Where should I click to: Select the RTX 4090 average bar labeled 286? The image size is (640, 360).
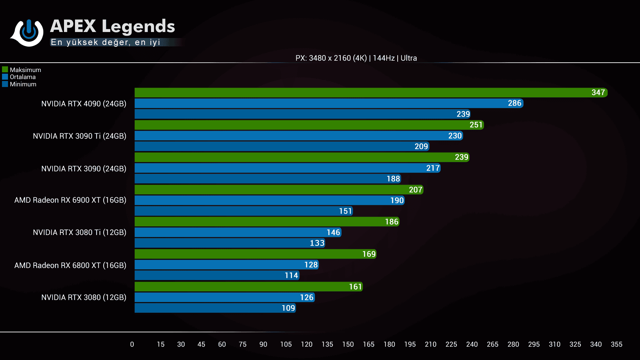[328, 103]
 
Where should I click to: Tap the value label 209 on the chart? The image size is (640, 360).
[421, 146]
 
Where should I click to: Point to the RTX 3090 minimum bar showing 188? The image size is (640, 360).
[267, 179]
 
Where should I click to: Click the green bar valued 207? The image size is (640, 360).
[278, 190]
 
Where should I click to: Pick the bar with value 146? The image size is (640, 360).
[237, 232]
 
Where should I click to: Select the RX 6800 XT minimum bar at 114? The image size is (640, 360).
[217, 275]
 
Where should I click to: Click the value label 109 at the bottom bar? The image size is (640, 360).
[288, 308]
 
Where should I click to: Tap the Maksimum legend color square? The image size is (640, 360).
[5, 70]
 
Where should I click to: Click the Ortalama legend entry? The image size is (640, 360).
[22, 77]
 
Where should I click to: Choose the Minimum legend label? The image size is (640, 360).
[23, 84]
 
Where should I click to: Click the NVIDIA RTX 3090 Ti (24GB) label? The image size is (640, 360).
[79, 136]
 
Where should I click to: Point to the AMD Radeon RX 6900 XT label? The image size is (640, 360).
[70, 200]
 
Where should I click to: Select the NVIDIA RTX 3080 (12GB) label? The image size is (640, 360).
[84, 297]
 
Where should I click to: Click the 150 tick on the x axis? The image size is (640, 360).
[348, 344]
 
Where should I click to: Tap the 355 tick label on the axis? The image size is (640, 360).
[616, 344]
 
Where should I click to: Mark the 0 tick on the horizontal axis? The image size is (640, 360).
[132, 344]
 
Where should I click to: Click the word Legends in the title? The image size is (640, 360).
[138, 26]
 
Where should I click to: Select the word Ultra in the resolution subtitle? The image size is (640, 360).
[409, 58]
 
